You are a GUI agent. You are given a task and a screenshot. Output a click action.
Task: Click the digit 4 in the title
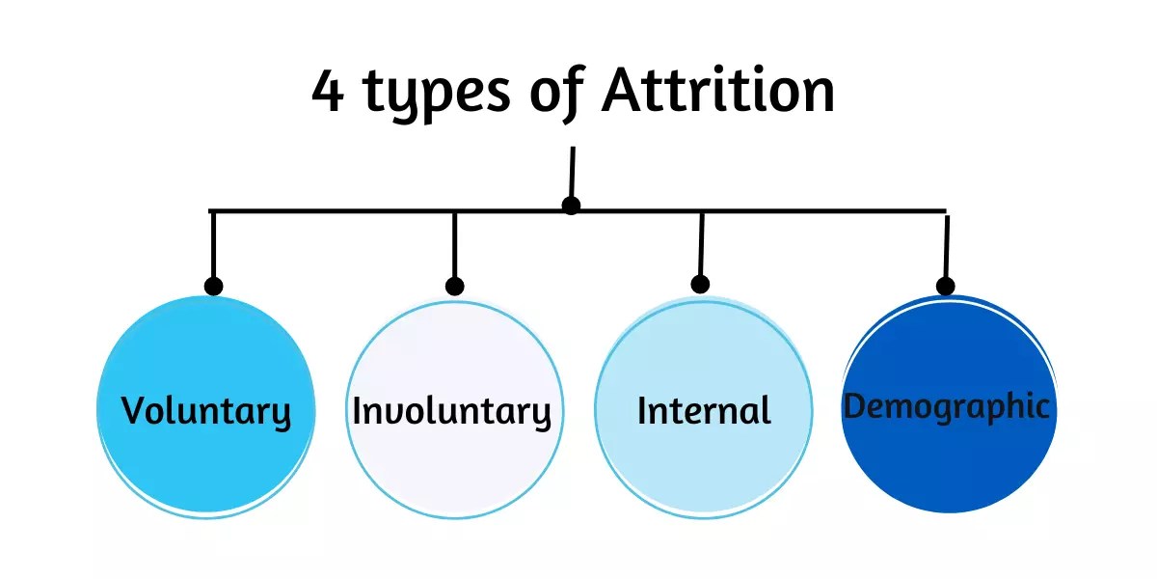[x=328, y=93]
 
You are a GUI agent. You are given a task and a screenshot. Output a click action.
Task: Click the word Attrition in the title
[x=717, y=93]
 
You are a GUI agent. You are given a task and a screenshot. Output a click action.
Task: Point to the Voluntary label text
[x=205, y=412]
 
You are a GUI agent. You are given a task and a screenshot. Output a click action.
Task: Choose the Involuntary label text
[x=451, y=412]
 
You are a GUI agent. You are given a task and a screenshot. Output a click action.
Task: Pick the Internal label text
[x=704, y=411]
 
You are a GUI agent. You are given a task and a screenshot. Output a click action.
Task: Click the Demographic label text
[x=946, y=406]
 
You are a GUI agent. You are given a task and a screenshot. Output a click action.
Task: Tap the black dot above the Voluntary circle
[x=214, y=286]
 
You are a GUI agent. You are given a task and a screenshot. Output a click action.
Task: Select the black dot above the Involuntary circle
[x=455, y=286]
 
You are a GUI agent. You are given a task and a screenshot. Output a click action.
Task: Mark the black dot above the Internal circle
[x=701, y=284]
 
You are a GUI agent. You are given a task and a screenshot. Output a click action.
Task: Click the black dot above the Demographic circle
[x=946, y=286]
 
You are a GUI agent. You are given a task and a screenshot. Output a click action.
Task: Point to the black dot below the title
[x=571, y=206]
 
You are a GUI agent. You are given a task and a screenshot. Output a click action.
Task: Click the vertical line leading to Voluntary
[x=213, y=246]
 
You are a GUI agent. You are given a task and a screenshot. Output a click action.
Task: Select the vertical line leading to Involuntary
[x=455, y=246]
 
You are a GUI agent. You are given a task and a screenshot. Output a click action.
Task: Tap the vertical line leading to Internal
[x=701, y=246]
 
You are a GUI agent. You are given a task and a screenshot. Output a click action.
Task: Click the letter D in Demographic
[x=856, y=406]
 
